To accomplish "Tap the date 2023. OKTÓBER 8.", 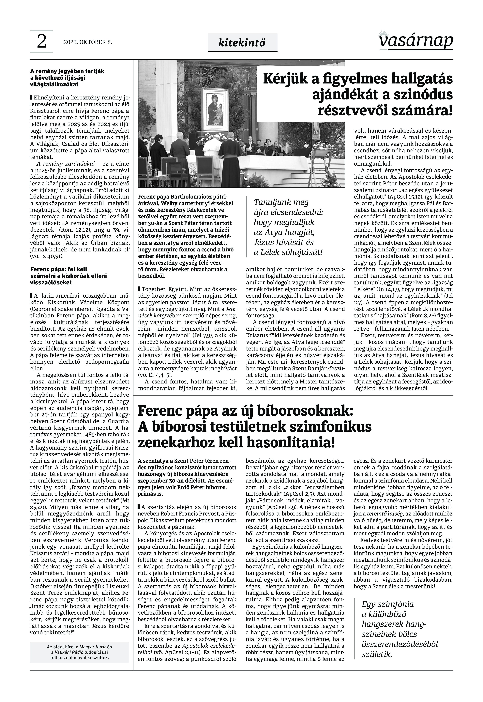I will point(88,42).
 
